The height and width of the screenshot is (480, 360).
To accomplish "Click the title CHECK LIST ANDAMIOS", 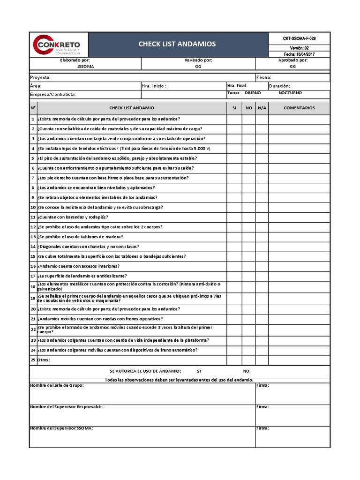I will click(177, 44).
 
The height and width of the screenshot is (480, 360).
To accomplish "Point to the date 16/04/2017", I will click(307, 54).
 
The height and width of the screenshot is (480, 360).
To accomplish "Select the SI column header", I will click(234, 108).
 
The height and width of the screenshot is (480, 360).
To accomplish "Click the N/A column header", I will click(262, 108).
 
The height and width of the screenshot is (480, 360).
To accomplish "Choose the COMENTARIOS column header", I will click(299, 108).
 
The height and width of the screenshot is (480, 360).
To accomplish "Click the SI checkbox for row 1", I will click(234, 119).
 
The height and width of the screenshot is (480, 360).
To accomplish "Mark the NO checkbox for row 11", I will click(248, 217).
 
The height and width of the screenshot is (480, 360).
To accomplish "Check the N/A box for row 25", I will click(262, 360).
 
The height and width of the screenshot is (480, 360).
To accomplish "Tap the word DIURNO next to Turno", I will click(253, 93).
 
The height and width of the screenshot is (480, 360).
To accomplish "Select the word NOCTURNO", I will click(290, 93).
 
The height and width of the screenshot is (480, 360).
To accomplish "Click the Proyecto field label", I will click(40, 77).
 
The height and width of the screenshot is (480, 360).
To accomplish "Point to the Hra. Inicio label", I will click(154, 86).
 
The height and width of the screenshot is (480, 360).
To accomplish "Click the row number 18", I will click(33, 286).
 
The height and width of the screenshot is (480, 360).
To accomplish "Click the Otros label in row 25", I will click(44, 360).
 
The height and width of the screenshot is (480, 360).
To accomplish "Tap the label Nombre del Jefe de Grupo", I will click(57, 385).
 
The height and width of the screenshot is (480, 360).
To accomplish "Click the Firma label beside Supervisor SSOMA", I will click(262, 428).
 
